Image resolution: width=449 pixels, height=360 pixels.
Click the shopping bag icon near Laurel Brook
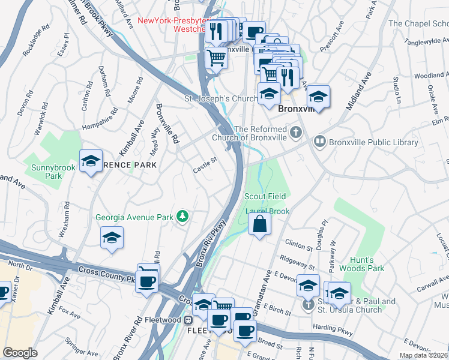[x=259, y=225]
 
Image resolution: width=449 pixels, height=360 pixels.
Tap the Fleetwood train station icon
[x=187, y=320]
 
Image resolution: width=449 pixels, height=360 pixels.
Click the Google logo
[x=20, y=353]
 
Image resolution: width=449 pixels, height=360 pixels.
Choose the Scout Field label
[x=267, y=196]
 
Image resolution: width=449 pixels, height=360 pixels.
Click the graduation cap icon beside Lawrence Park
[x=91, y=161]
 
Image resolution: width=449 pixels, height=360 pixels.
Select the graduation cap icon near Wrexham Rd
[x=112, y=238]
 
